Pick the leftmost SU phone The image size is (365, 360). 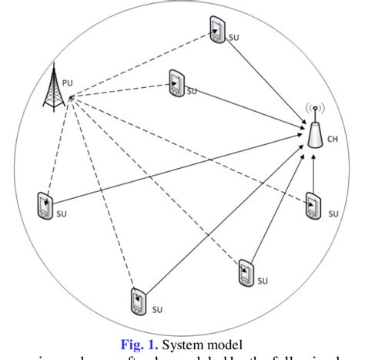(x=45, y=204)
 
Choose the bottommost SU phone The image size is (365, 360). (x=139, y=298)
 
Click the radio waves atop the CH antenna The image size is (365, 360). (x=314, y=111)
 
